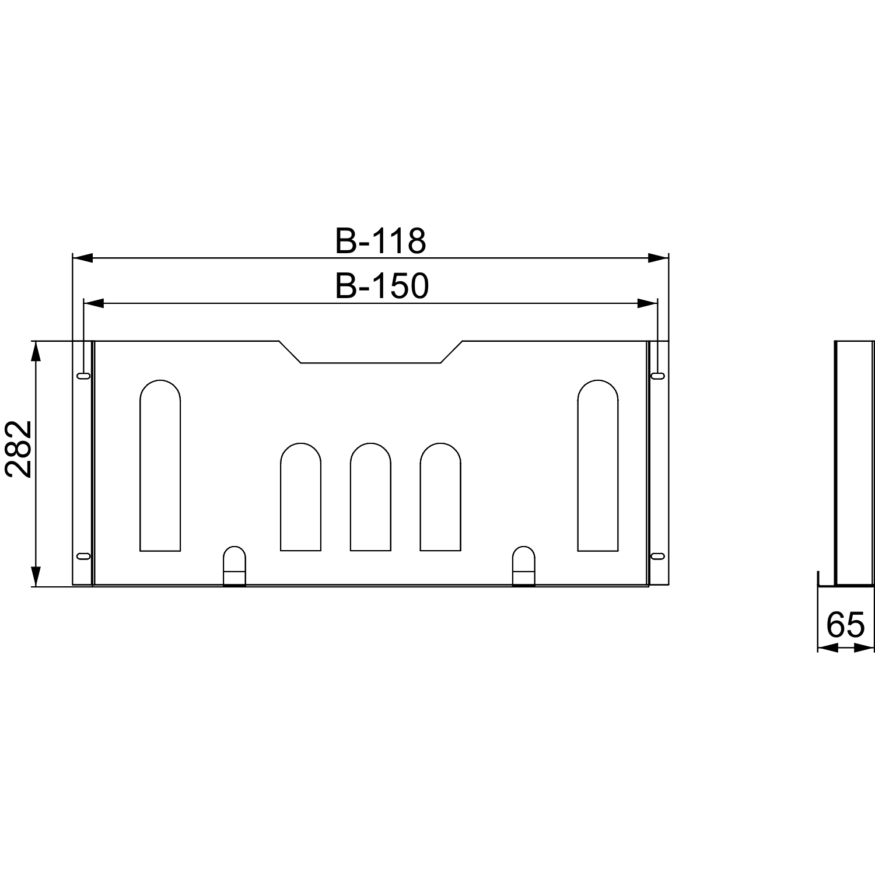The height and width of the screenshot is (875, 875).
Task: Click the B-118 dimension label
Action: [380, 241]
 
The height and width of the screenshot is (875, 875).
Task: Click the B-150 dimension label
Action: [382, 286]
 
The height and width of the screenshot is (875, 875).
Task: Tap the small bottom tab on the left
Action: [235, 565]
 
